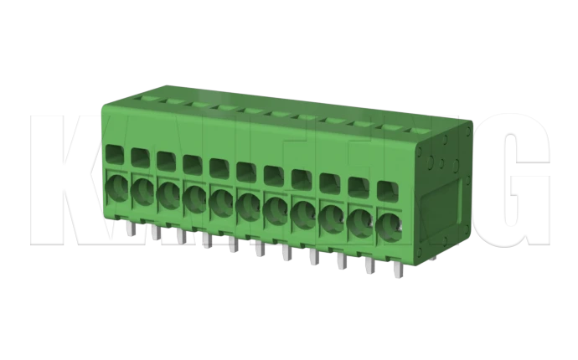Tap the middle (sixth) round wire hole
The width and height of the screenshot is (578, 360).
tap(249, 203)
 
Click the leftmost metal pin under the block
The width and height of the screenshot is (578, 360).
tap(128, 229)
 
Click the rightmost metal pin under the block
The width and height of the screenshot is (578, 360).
tap(396, 271)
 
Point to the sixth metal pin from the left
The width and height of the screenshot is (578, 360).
tap(259, 249)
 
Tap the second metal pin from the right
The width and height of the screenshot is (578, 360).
tap(368, 265)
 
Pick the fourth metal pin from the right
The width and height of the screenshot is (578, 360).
tap(312, 257)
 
